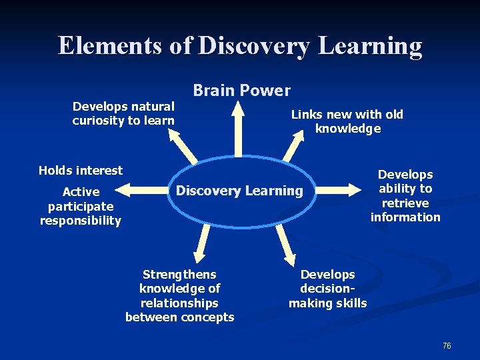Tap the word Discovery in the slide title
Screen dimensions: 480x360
[253, 46]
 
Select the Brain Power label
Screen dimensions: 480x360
[241, 90]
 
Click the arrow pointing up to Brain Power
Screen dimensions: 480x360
[238, 127]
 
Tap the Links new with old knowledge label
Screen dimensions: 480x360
[347, 121]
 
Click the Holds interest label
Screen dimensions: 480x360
[81, 170]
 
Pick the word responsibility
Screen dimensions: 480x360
[81, 221]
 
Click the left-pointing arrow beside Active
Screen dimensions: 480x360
[143, 191]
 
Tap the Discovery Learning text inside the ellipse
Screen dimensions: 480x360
[239, 191]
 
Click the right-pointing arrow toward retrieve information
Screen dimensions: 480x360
[343, 190]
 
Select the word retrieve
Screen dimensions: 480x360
[405, 203]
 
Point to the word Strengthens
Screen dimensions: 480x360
[179, 274]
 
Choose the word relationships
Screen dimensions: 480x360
[179, 303]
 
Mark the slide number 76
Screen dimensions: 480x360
[447, 345]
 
